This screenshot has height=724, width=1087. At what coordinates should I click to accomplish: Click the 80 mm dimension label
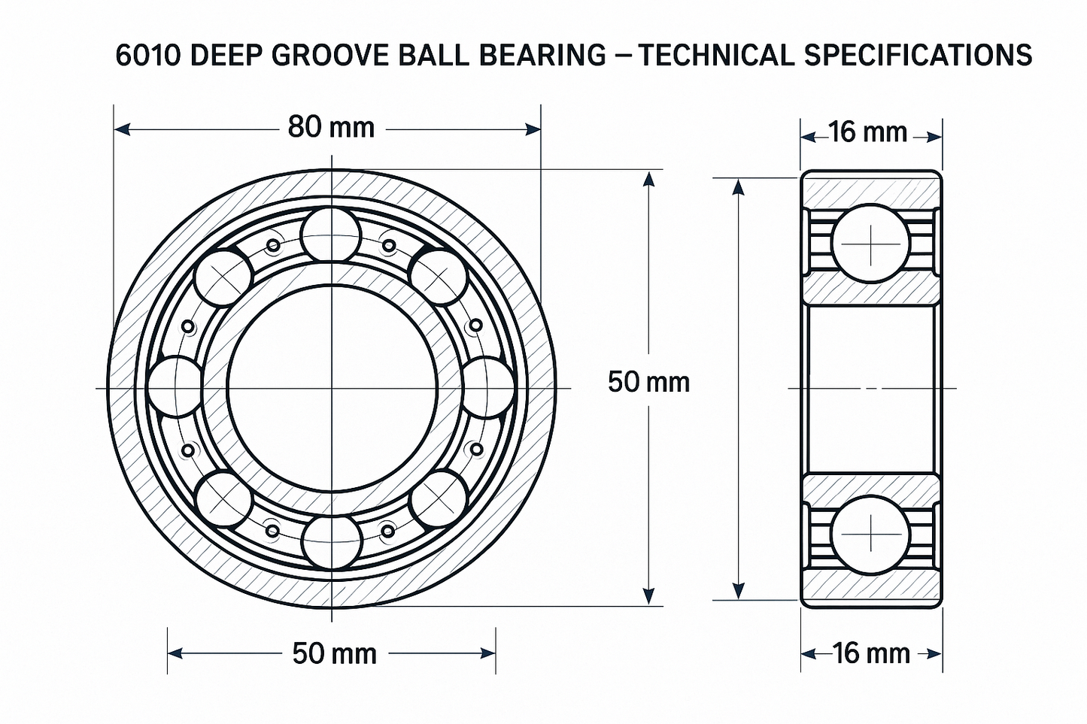(331, 127)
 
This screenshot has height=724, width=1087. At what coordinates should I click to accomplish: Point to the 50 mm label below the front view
(334, 653)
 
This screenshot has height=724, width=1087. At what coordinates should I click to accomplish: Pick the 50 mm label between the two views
(648, 382)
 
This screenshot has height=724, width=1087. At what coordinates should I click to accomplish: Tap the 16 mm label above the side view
(868, 132)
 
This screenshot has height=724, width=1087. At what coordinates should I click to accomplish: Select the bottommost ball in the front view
(333, 542)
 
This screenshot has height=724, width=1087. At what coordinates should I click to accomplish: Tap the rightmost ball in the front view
(487, 387)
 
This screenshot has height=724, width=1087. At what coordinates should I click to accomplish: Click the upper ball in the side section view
(871, 244)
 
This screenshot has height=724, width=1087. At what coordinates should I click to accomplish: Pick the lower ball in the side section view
(870, 535)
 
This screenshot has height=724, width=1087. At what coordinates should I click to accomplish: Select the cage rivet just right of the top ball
(389, 244)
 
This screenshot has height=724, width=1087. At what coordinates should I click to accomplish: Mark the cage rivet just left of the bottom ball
(272, 530)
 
